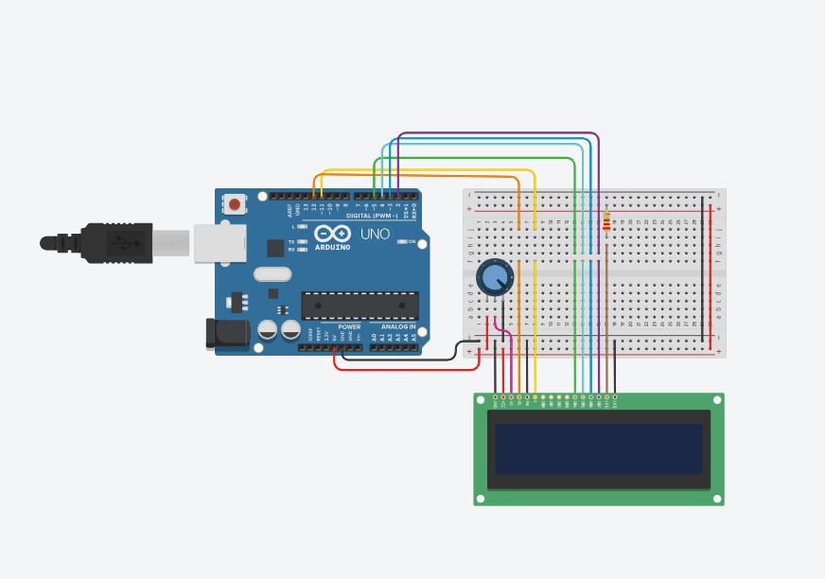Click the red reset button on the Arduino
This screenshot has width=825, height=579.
235,204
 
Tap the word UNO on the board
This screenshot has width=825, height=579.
375,234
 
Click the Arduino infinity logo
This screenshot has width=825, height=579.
332,234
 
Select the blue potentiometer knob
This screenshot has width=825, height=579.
494,276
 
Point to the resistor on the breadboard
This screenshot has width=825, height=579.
606,223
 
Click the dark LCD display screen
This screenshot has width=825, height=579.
598,448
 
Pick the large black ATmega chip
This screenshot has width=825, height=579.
360,306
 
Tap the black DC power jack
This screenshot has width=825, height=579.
227,333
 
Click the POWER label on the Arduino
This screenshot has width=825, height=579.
349,326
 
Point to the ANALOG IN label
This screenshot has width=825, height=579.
398,326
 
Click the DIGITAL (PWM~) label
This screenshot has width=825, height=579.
372,216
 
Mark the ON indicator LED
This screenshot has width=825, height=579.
402,242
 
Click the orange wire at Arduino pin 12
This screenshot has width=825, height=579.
314,184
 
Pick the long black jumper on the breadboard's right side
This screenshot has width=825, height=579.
702,270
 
